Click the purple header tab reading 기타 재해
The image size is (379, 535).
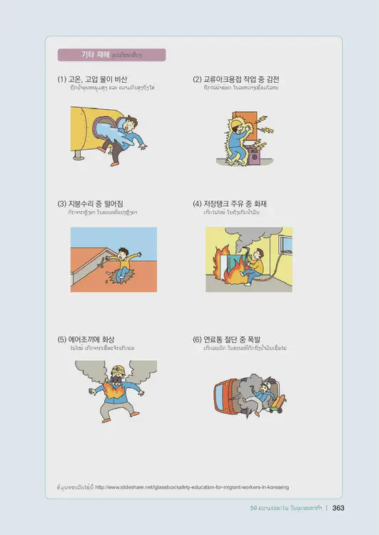(x=111, y=55)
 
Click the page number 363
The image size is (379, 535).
(x=338, y=508)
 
